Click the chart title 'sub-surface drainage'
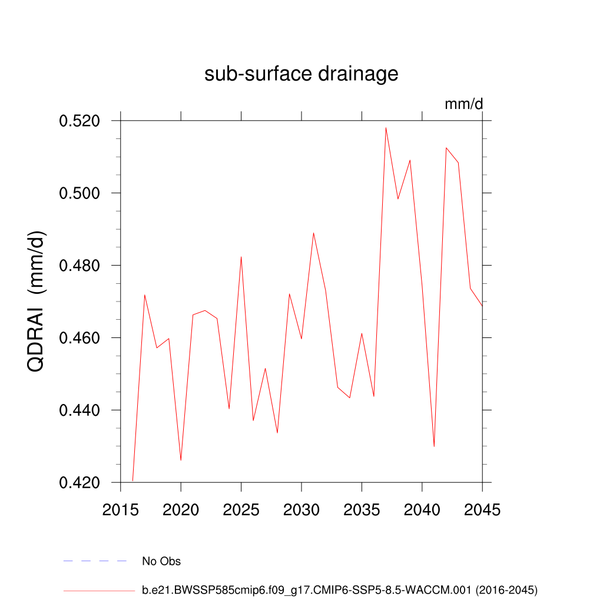[301, 74]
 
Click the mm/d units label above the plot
[463, 104]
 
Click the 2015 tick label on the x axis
[121, 510]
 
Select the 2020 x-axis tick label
[181, 510]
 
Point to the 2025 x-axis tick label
[241, 510]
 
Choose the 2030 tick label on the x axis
[301, 510]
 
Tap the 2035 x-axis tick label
[362, 510]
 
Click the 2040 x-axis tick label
[422, 510]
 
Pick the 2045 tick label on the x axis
[482, 510]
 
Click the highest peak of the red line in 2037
[386, 128]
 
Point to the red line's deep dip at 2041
[434, 446]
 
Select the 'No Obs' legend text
[161, 561]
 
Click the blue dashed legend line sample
[95, 561]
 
